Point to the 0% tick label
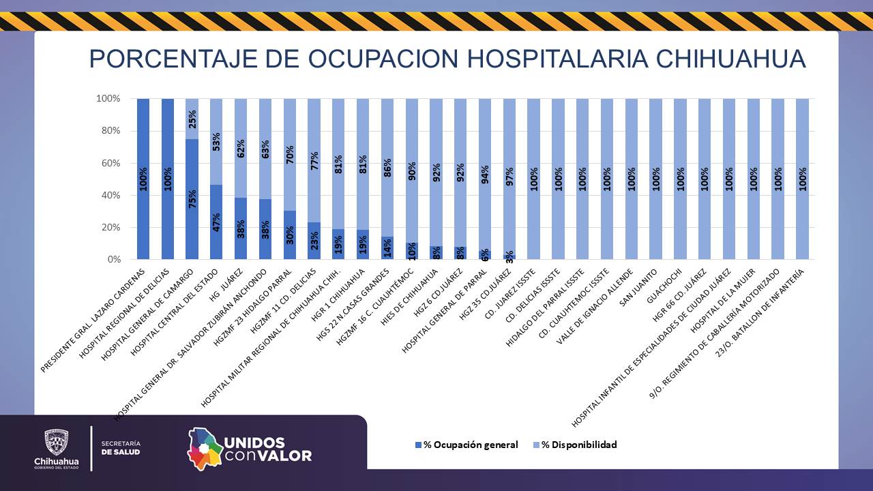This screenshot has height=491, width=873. [112, 260]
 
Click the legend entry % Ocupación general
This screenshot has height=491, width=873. [467, 445]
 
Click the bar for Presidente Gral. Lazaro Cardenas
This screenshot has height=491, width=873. [143, 179]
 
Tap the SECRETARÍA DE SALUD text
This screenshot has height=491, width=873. [121, 448]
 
